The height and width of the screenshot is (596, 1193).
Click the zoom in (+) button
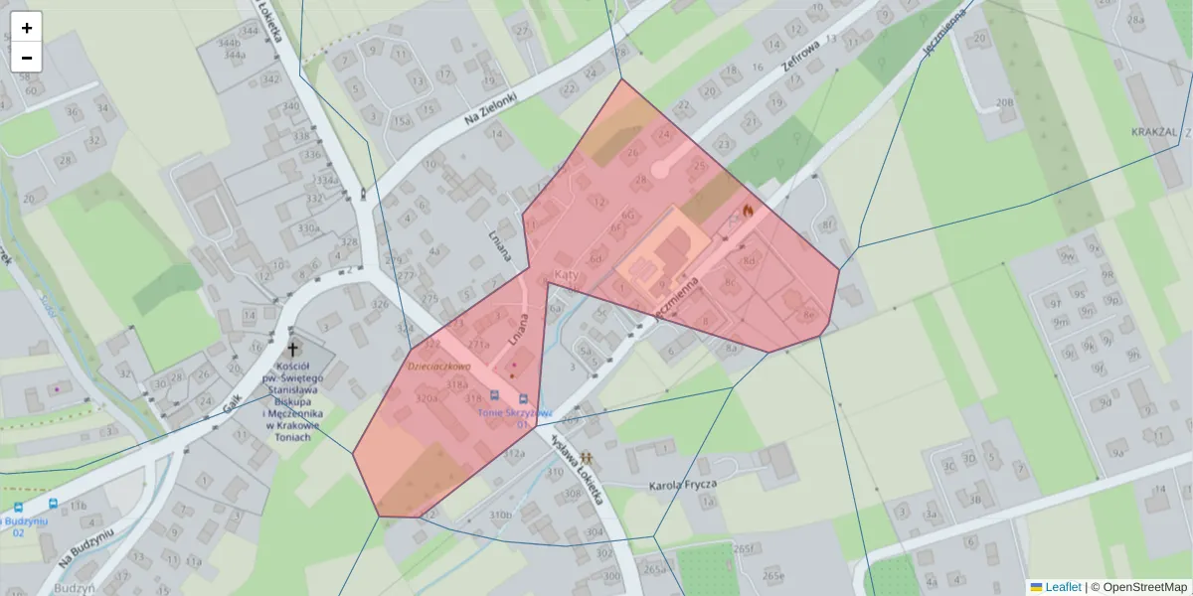pos(27,28)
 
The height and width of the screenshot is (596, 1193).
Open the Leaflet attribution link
pos(1063,587)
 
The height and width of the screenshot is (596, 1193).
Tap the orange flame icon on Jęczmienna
pos(747,212)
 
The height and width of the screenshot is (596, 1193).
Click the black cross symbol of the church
pos(293,349)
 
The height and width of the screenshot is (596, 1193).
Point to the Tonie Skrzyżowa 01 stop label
pos(515,417)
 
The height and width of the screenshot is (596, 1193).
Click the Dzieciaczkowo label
pos(437,366)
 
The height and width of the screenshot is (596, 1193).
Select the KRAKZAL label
pos(1154,132)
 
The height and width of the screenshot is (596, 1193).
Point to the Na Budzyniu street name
pos(86,546)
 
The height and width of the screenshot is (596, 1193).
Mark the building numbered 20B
pos(1005,101)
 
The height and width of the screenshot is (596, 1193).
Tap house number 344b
pos(229,44)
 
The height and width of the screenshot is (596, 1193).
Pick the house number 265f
pos(745,548)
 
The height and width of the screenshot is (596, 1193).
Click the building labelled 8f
pos(828,224)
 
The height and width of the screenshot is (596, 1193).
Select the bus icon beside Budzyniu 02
pos(52,505)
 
